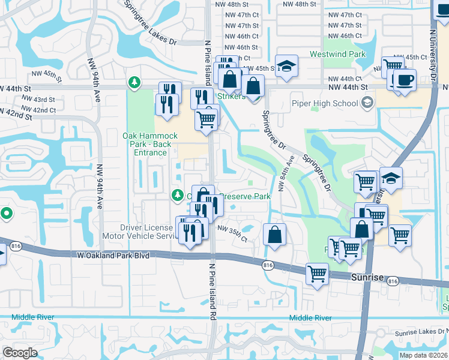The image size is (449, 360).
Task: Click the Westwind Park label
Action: [337, 54]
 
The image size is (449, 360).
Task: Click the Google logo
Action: [20, 352]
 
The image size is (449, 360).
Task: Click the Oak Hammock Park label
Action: [147, 144]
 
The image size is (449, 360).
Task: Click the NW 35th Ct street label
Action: [232, 234]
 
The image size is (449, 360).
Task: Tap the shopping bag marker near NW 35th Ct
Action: [274, 235]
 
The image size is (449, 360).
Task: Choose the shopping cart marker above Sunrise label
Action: [317, 274]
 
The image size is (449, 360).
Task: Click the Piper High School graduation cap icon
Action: [367, 103]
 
